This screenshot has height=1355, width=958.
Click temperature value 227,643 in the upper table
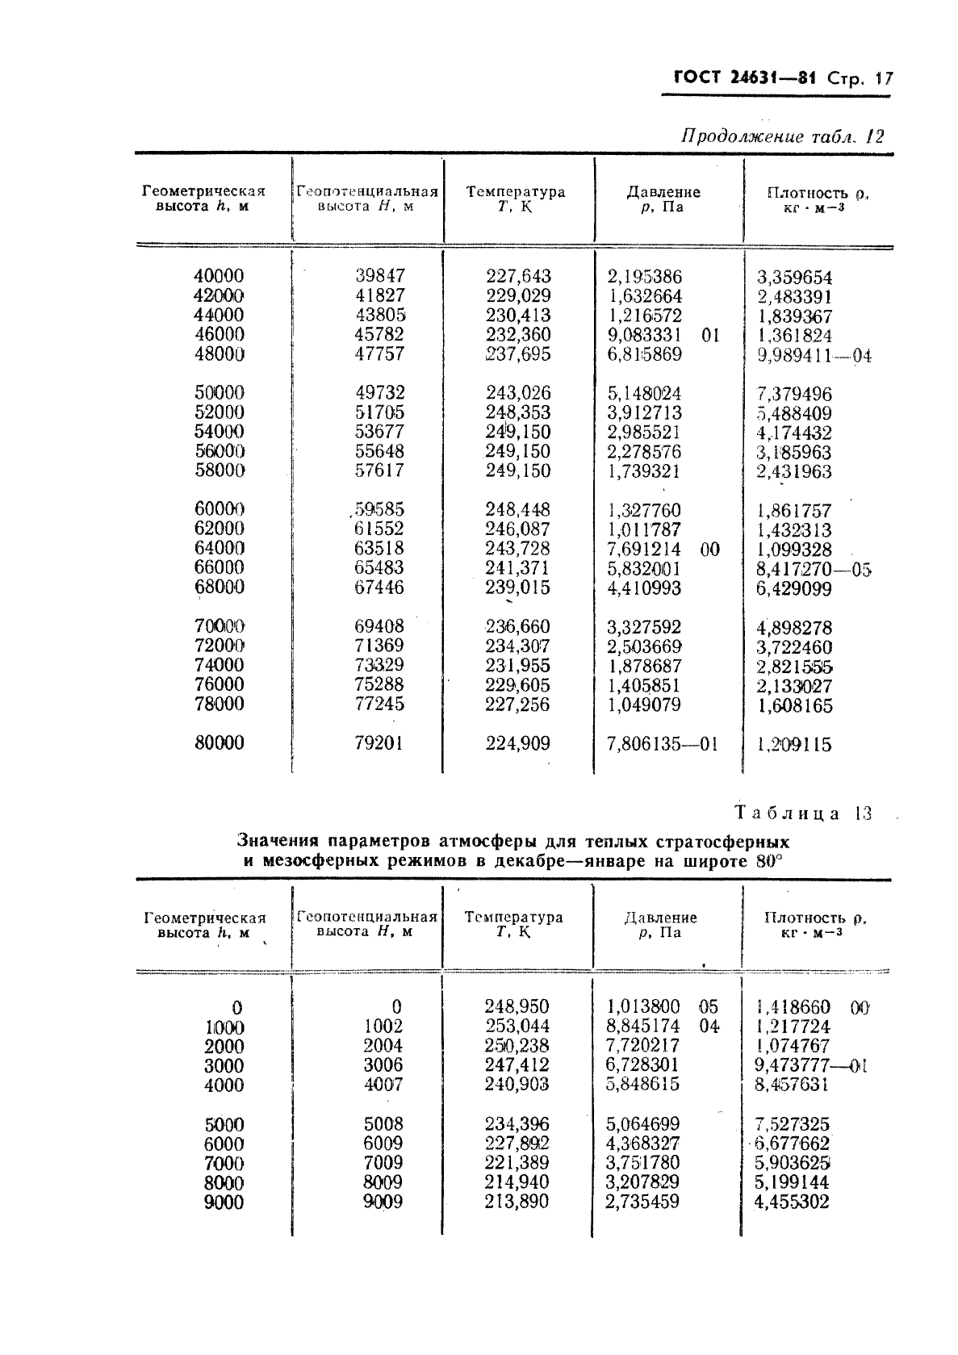tap(518, 276)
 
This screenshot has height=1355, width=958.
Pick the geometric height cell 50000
tap(219, 393)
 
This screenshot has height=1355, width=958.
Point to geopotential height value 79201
tap(379, 743)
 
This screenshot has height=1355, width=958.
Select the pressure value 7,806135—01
tap(662, 744)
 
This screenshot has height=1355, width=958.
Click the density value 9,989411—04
tap(814, 356)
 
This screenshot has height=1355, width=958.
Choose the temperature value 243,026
tap(518, 393)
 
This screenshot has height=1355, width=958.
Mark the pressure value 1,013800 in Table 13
tap(643, 1007)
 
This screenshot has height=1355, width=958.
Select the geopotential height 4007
tap(383, 1085)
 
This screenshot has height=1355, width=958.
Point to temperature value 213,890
tap(517, 1202)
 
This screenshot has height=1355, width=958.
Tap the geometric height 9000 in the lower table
tap(224, 1202)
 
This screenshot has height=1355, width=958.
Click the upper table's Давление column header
tap(663, 199)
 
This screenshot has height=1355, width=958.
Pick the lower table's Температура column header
tap(514, 924)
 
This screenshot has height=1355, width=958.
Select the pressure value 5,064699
tap(643, 1124)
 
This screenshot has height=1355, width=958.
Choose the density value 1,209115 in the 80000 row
tap(793, 745)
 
